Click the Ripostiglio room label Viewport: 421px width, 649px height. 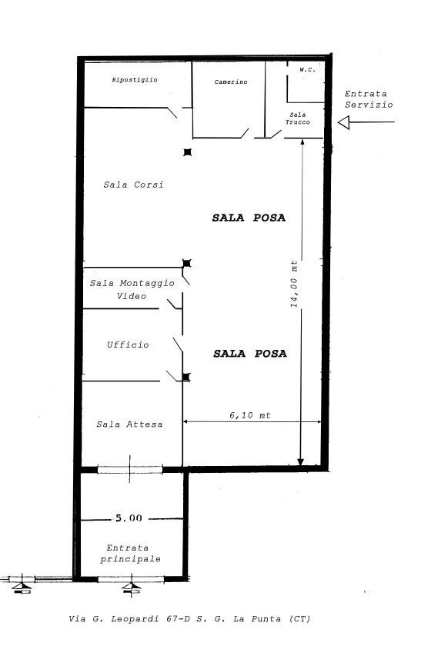point(135,80)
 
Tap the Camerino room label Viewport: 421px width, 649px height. point(231,82)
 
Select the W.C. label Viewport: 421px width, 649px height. point(307,70)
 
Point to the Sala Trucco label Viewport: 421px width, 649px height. point(298,118)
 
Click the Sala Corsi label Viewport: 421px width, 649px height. point(133,185)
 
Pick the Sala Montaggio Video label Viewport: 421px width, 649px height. point(132,289)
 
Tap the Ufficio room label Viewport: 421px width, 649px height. point(128,344)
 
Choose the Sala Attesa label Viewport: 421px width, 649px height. point(129,424)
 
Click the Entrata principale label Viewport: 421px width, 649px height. point(130,554)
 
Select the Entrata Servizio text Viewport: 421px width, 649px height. point(369,99)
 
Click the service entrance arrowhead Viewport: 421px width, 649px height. point(343,122)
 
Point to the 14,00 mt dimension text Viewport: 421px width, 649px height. point(294,284)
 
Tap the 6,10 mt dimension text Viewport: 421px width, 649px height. point(250,415)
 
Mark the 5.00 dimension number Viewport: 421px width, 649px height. point(129,518)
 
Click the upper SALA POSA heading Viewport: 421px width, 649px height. point(249,218)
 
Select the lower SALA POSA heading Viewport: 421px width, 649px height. point(250,354)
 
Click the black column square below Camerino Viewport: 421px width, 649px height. point(188,152)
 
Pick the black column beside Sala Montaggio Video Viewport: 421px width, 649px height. point(187,263)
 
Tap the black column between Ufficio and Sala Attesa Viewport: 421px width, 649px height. point(186,377)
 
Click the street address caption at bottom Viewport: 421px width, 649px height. point(189,619)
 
